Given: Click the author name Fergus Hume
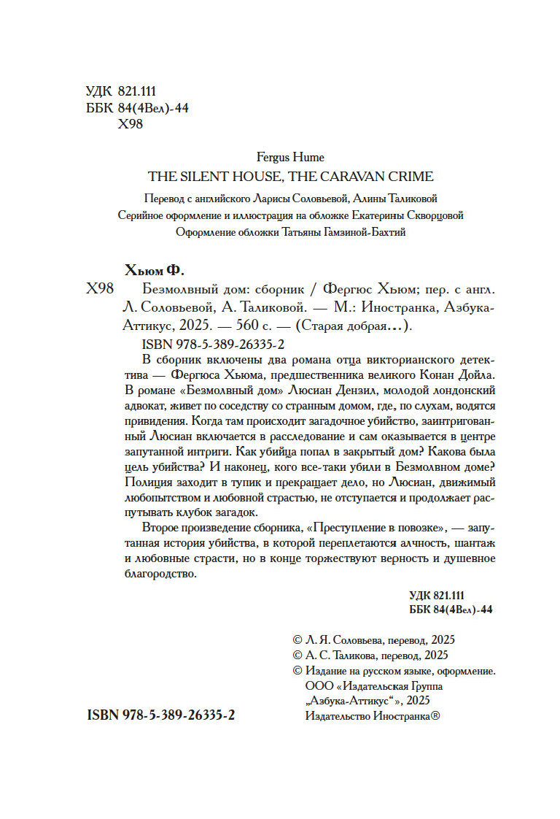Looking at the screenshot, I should click(x=291, y=157).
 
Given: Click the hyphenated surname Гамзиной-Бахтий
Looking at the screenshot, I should click(x=362, y=233).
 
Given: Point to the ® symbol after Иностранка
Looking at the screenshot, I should click(x=435, y=718).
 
